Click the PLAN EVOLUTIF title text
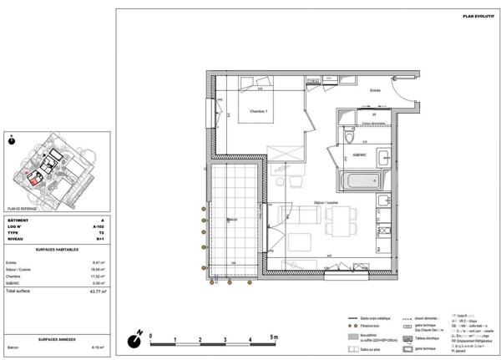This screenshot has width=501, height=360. [x=478, y=16]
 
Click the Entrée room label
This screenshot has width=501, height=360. [x=375, y=89]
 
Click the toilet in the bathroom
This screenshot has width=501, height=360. [x=349, y=137]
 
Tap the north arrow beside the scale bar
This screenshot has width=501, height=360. [x=134, y=340]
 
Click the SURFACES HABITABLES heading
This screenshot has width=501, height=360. [x=58, y=250]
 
